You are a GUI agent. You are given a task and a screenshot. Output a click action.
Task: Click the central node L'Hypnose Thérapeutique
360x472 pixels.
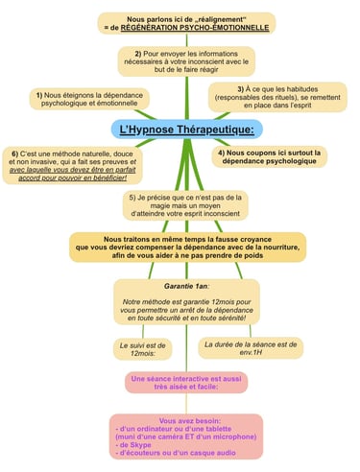click(181, 130)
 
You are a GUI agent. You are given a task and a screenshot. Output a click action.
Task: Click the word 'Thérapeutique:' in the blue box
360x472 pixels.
click(211, 130)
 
